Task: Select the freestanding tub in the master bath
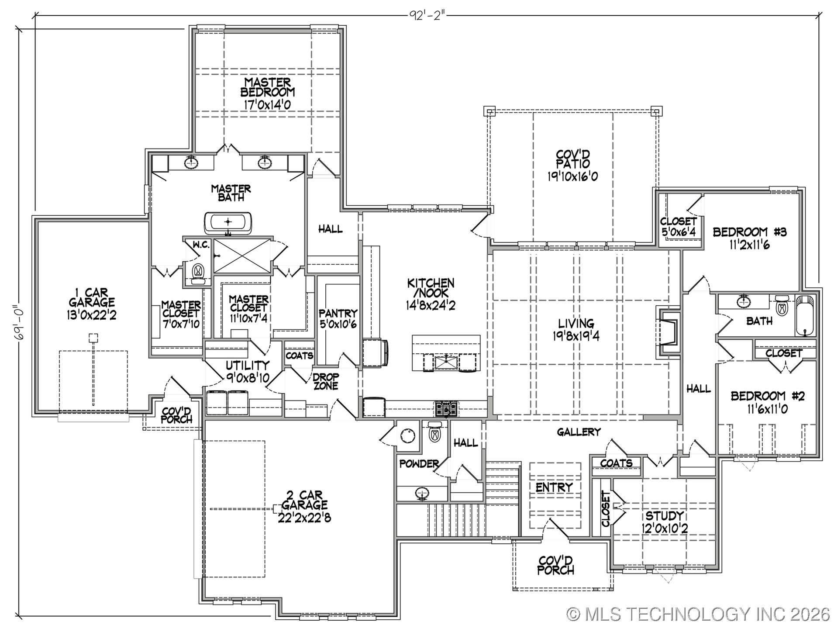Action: tap(227, 223)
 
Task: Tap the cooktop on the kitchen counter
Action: tap(446, 409)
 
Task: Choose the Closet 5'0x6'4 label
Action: tap(678, 227)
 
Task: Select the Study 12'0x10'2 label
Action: tap(664, 522)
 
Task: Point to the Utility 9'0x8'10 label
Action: tap(247, 371)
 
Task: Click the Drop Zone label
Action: tap(325, 381)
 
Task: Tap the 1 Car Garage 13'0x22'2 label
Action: tap(92, 304)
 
